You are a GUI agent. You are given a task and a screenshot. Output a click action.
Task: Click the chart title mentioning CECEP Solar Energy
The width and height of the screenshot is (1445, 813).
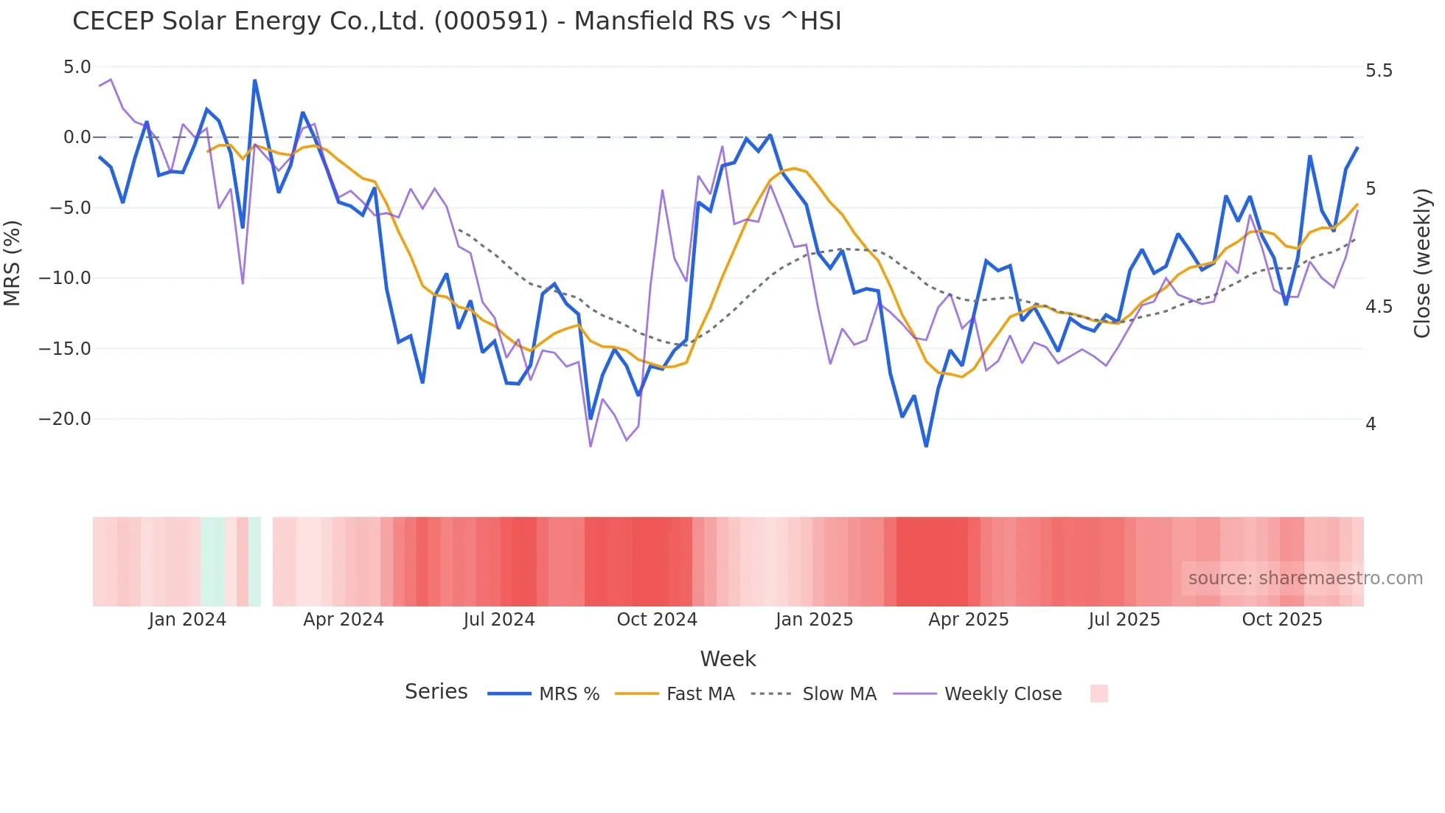[x=456, y=21]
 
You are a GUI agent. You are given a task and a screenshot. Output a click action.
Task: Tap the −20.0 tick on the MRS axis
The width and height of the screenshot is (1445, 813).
[x=65, y=419]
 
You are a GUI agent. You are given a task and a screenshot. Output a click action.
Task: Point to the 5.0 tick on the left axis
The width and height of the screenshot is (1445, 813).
[x=77, y=67]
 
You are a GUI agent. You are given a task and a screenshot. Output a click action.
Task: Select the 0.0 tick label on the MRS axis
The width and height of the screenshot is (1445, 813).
[x=77, y=137]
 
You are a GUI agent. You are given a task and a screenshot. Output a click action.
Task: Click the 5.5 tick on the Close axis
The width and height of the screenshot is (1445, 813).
[x=1379, y=71]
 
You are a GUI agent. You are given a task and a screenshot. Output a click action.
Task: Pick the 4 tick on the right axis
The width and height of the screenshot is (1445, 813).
[x=1371, y=424]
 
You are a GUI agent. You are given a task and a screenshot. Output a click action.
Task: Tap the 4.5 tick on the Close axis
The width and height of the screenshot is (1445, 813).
[x=1379, y=307]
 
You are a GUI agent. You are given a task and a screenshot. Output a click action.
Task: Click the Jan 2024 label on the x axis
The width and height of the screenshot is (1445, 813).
[x=187, y=620]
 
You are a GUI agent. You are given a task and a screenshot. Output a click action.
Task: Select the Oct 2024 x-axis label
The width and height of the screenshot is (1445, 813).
[x=657, y=620]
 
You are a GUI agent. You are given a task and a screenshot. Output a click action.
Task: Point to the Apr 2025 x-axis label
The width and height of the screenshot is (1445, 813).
[x=968, y=620]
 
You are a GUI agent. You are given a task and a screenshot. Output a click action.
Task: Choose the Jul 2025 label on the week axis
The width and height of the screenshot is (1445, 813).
[x=1124, y=620]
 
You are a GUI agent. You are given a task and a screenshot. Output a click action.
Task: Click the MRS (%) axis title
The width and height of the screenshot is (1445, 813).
[x=13, y=263]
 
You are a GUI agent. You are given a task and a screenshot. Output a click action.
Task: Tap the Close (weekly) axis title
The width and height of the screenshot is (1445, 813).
[x=1422, y=263]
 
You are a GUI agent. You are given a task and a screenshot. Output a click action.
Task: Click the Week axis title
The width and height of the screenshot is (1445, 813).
[x=728, y=659]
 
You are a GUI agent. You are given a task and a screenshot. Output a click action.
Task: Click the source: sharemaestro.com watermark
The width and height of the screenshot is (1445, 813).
[x=1305, y=578]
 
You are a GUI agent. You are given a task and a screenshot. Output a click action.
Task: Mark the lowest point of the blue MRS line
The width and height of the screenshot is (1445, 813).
[x=926, y=446]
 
